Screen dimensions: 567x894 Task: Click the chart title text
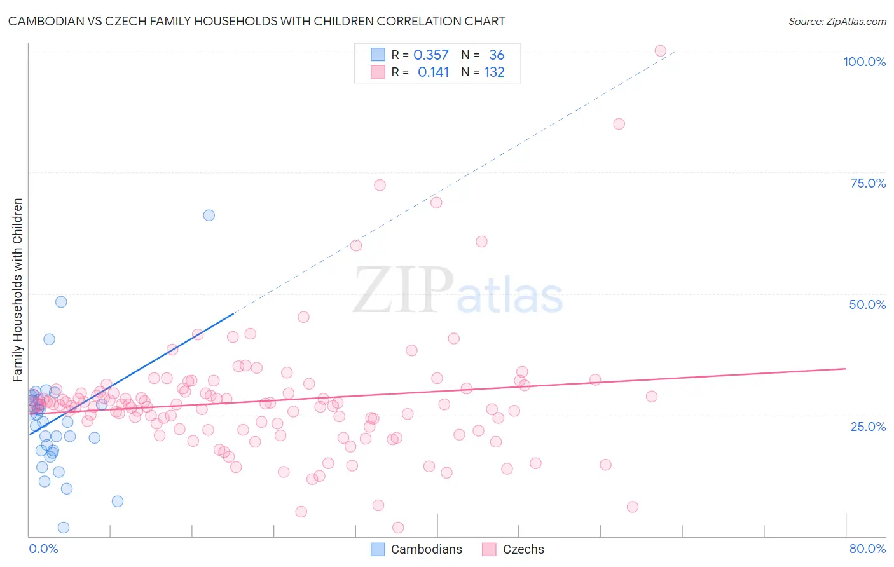(x=256, y=21)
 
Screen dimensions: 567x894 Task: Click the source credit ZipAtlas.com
(x=837, y=21)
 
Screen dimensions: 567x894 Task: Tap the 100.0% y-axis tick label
(x=864, y=62)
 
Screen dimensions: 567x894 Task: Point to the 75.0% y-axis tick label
(x=868, y=183)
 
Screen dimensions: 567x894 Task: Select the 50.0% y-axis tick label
(x=867, y=304)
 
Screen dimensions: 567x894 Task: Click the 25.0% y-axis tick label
(x=868, y=426)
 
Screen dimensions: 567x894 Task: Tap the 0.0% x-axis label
(x=43, y=549)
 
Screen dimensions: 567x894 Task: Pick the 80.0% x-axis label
(x=867, y=549)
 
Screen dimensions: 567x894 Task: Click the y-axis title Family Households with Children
(x=17, y=290)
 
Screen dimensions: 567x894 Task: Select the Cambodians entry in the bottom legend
(x=426, y=549)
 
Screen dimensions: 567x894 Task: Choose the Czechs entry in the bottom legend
(x=523, y=549)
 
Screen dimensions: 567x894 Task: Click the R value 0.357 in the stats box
(x=431, y=55)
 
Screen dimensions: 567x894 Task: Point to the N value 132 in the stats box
(x=494, y=72)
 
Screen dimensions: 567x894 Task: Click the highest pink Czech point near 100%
(x=660, y=51)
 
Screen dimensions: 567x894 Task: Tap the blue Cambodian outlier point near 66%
(x=209, y=215)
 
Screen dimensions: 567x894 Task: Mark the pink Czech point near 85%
(x=619, y=124)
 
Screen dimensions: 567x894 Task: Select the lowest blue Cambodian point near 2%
(x=64, y=528)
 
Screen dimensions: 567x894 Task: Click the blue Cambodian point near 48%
(x=61, y=302)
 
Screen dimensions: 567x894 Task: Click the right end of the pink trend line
(x=846, y=369)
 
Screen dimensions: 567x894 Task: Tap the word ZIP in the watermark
(x=403, y=291)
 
